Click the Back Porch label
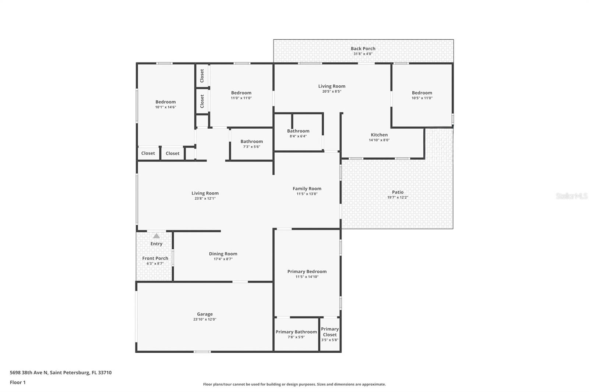tap(363, 49)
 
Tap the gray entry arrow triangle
tap(156, 236)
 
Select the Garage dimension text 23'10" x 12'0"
tap(205, 319)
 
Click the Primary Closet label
tap(329, 332)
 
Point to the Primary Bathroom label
tap(296, 332)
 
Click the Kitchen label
tap(379, 135)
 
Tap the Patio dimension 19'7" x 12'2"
tap(398, 197)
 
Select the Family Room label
tap(307, 189)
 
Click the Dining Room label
tap(223, 254)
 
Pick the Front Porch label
tap(155, 258)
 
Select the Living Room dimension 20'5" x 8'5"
tap(332, 91)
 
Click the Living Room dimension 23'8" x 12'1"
tap(205, 198)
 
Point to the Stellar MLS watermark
tap(571, 196)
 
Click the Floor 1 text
tap(18, 382)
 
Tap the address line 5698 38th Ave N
tap(60, 373)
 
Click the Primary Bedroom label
tap(307, 271)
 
